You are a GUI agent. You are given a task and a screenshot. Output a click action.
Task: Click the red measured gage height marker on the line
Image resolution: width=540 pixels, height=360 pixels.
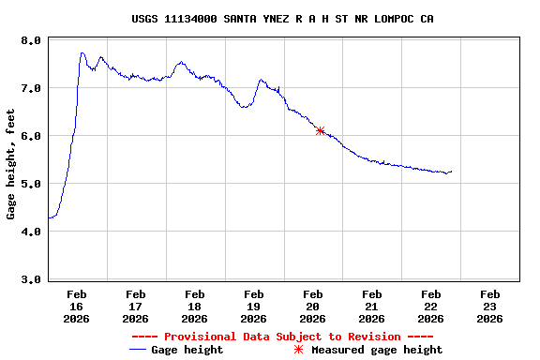coord(321,130)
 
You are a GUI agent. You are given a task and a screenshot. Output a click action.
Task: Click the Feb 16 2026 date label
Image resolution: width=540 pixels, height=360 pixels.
coord(77,306)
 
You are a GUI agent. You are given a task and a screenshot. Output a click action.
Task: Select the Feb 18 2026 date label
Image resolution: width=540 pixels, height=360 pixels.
coord(195,306)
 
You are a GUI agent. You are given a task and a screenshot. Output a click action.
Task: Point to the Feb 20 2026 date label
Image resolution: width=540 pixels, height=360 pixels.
coord(313,306)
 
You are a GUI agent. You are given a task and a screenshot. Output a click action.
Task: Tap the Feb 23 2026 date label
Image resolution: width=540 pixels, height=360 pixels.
coord(489,306)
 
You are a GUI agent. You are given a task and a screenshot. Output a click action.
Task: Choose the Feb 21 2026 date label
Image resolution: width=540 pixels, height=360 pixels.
coord(371,306)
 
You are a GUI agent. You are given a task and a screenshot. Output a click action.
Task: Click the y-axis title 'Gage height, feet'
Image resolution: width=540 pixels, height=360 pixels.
coord(11,164)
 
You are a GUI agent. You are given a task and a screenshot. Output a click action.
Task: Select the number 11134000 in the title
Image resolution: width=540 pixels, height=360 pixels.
coord(194,19)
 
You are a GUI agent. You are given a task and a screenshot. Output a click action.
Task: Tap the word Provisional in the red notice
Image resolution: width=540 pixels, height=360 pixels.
coord(197,337)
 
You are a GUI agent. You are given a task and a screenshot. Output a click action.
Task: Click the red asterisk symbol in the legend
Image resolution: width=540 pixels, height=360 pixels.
coord(299,350)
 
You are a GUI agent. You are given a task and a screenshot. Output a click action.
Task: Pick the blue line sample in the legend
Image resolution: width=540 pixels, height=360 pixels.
coord(138,350)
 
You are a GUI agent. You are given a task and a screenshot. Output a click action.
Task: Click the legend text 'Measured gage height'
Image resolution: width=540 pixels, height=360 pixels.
coord(376,350)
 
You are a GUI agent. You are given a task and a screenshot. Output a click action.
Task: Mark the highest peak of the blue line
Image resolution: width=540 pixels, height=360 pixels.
coord(82,53)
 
